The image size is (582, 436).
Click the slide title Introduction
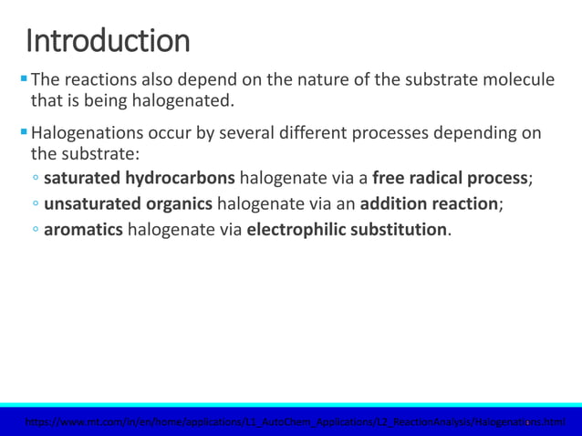(x=108, y=40)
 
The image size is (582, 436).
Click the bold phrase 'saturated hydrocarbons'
(x=140, y=178)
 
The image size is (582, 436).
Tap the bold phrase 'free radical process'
(x=450, y=178)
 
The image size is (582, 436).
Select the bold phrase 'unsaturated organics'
(x=128, y=203)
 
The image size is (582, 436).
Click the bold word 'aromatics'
(x=83, y=229)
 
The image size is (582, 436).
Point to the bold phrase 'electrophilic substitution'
(x=347, y=229)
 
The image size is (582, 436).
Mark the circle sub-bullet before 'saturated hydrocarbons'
(x=35, y=179)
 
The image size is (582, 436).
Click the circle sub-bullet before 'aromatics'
(x=35, y=230)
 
